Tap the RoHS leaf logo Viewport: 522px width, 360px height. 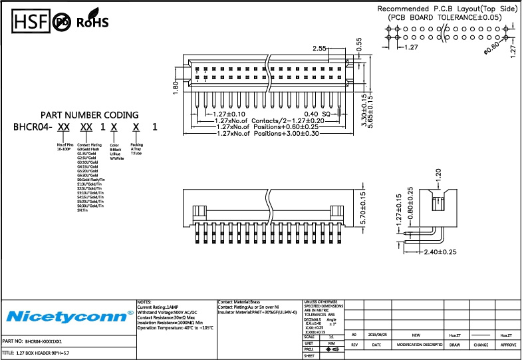tap(92, 22)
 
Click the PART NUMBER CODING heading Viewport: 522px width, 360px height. tap(90, 115)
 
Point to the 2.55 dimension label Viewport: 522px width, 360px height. tap(320, 49)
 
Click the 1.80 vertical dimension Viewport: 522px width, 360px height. tap(176, 87)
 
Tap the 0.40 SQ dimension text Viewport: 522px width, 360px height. tap(317, 114)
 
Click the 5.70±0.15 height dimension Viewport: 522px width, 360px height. tap(363, 207)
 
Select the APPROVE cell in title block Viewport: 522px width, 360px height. tap(508, 345)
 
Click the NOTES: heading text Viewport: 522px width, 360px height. tap(145, 301)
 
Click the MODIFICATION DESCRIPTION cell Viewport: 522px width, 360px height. tap(420, 345)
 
